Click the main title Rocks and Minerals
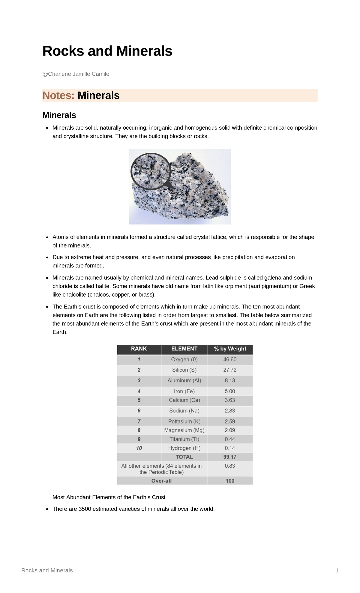107,51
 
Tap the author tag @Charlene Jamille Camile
76,74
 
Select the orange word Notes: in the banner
58,95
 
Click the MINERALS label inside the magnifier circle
151,171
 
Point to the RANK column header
139,349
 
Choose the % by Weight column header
230,349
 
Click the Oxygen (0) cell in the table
184,360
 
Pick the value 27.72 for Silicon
230,370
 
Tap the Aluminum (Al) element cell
184,381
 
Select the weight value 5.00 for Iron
230,391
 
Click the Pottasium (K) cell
184,422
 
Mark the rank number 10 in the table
139,448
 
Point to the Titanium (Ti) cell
184,439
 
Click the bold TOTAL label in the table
184,457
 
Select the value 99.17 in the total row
230,457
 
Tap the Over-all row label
161,481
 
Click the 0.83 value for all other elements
230,466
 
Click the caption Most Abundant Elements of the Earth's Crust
109,497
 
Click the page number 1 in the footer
337,570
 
